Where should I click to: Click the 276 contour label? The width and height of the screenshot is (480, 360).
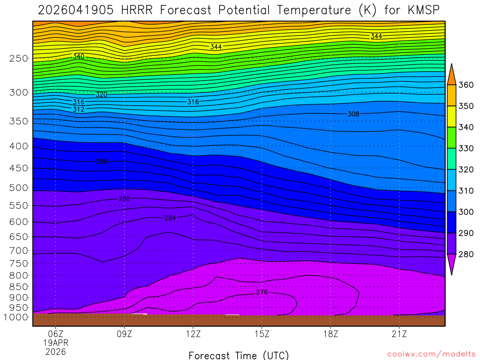pyautogui.click(x=262, y=292)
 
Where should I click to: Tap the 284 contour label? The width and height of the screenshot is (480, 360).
pyautogui.click(x=170, y=218)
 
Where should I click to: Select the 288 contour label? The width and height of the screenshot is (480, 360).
pyautogui.click(x=124, y=199)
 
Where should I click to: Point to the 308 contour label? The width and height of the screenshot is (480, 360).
pyautogui.click(x=353, y=114)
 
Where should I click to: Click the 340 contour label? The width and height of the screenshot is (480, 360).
pyautogui.click(x=78, y=56)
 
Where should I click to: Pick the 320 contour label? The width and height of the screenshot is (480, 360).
pyautogui.click(x=101, y=95)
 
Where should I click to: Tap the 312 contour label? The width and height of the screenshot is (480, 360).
pyautogui.click(x=78, y=109)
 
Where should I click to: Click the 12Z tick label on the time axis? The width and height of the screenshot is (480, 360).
pyautogui.click(x=193, y=334)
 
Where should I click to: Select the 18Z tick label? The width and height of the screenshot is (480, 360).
pyautogui.click(x=330, y=334)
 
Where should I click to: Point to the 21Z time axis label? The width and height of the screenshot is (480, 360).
pyautogui.click(x=399, y=334)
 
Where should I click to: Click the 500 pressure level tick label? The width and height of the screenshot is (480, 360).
pyautogui.click(x=19, y=188)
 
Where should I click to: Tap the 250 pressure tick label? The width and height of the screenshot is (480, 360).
pyautogui.click(x=19, y=59)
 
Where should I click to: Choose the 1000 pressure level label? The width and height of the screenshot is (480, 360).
pyautogui.click(x=16, y=317)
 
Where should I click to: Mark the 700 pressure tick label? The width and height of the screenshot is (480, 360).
pyautogui.click(x=19, y=250)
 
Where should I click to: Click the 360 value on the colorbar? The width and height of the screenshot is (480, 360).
pyautogui.click(x=465, y=85)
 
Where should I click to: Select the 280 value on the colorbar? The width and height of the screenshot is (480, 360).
pyautogui.click(x=465, y=255)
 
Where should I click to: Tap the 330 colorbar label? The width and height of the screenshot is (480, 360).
pyautogui.click(x=465, y=149)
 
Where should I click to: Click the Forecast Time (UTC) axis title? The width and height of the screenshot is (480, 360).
pyautogui.click(x=239, y=355)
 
